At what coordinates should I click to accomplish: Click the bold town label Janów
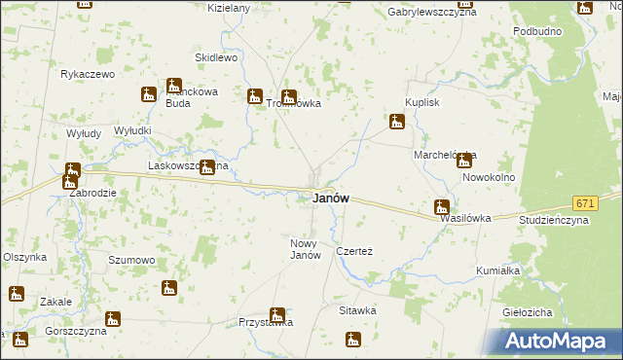331,198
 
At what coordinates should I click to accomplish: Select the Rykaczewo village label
88,74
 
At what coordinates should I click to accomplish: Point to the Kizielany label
230,8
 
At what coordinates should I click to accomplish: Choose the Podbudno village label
536,31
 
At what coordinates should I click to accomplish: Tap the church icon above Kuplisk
396,123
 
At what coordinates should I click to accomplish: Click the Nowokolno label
489,178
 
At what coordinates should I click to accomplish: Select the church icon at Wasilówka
441,206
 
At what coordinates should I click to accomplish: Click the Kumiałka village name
498,270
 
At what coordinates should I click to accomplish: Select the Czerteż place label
354,250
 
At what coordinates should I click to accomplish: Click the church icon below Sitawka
352,339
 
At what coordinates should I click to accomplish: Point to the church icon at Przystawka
277,314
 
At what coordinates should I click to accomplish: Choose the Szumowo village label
131,260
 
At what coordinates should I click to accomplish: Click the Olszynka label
24,257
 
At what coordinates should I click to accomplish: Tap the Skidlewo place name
216,57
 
